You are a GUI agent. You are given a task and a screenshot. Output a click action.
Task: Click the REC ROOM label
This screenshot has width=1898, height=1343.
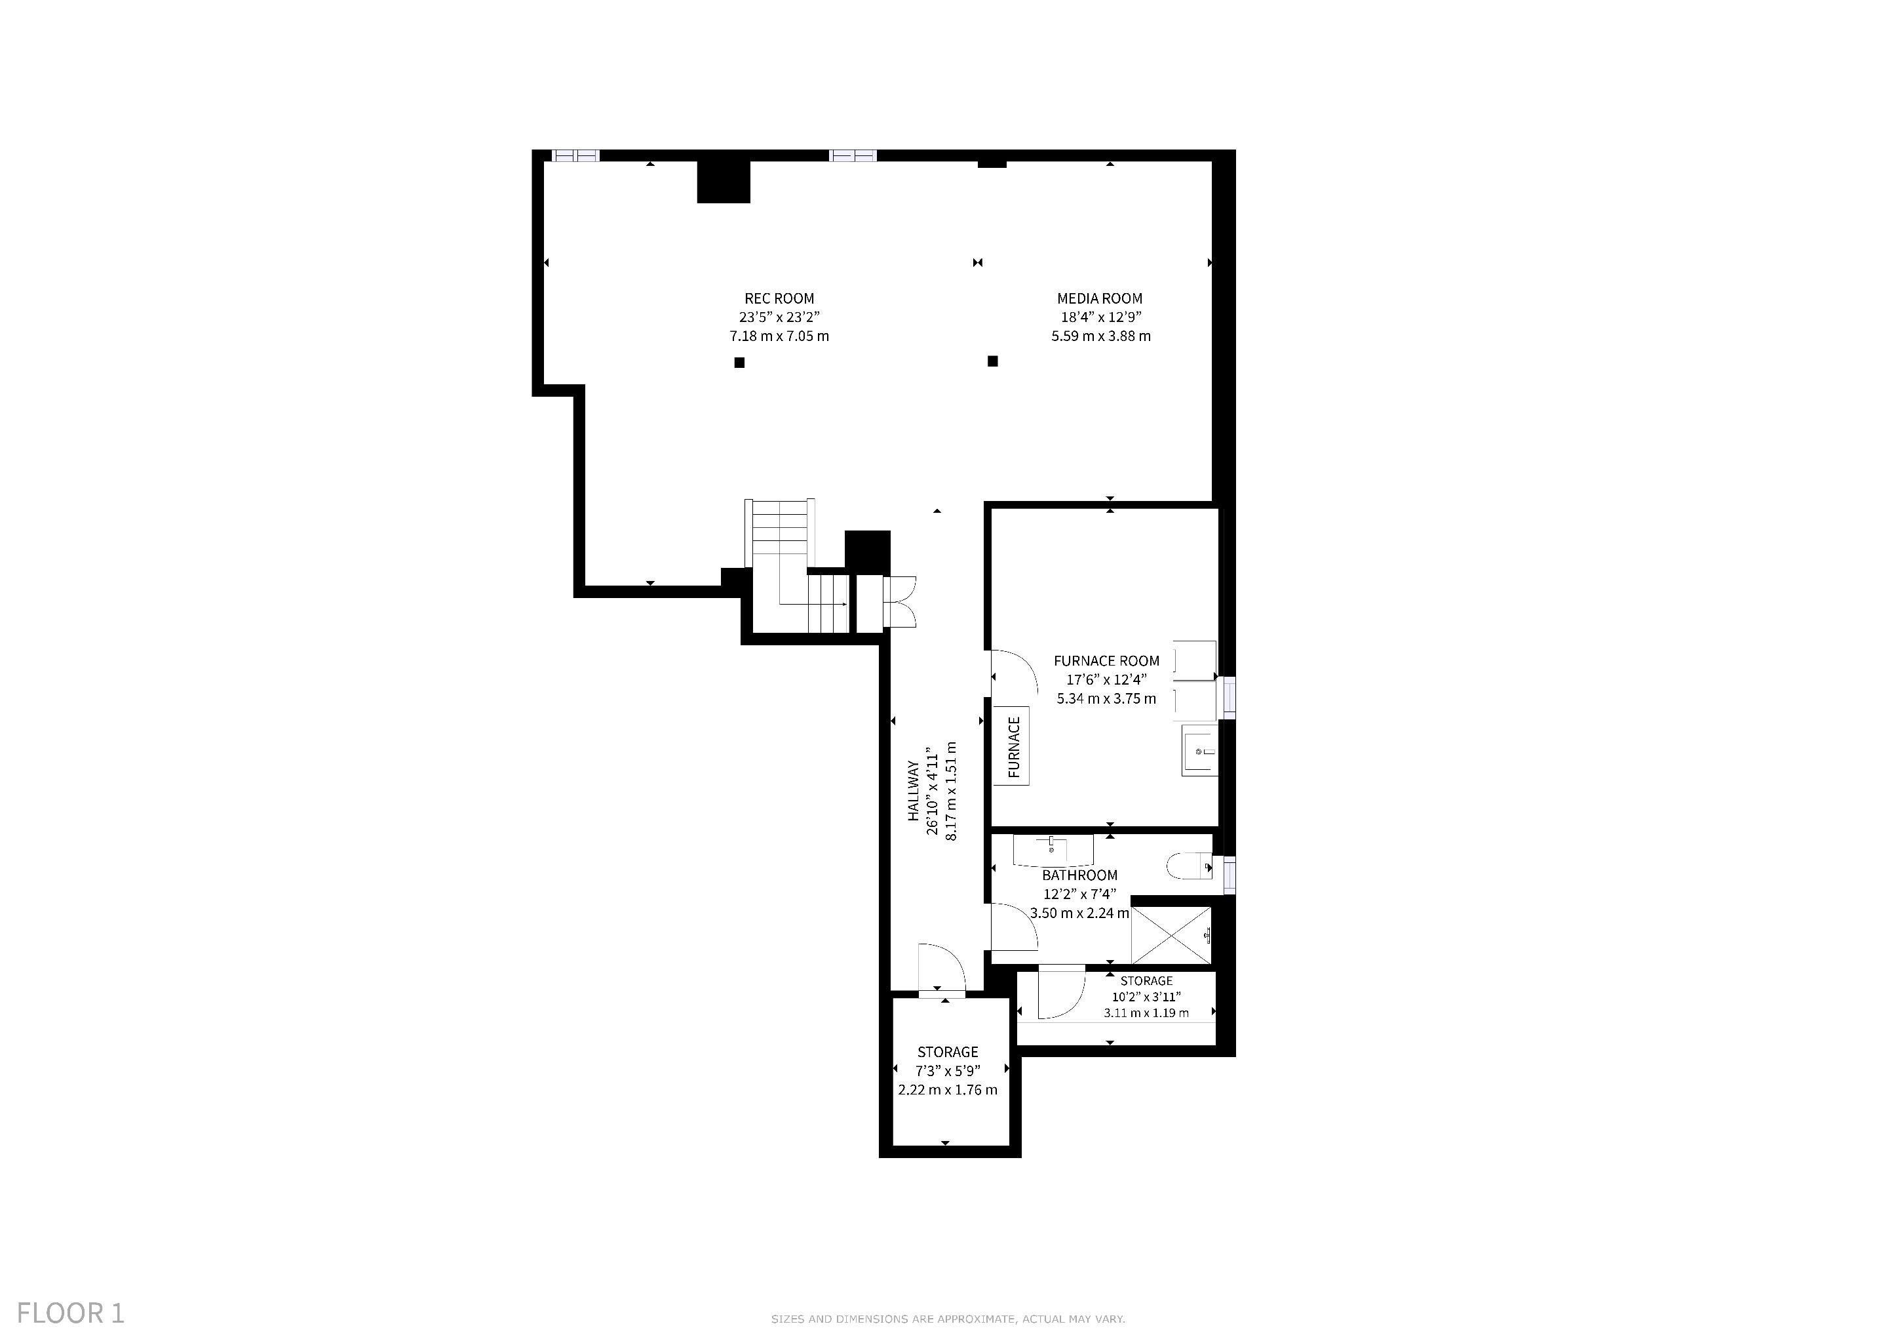pos(779,298)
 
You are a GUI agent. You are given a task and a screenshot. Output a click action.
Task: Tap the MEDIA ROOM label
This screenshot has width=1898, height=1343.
pos(1100,298)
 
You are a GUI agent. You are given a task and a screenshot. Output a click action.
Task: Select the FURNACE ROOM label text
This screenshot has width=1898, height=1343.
pos(1107,661)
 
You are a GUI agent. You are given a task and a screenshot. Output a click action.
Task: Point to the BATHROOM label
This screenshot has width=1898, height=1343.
pos(1079,875)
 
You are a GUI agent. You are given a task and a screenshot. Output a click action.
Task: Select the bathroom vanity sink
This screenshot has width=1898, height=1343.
pos(1053,849)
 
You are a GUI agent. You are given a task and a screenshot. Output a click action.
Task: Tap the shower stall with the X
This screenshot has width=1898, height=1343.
pos(1171,935)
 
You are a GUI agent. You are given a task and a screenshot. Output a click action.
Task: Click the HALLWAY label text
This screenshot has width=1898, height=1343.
pos(914,791)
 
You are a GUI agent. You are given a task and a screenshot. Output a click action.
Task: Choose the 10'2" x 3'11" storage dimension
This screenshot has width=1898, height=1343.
pos(1146,997)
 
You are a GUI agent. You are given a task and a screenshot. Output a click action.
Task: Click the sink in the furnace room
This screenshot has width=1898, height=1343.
pos(1199,750)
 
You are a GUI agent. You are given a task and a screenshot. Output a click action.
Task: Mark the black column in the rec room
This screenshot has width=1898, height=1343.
pos(740,362)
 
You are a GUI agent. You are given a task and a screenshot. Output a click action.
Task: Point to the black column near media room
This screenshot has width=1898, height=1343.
pos(993,361)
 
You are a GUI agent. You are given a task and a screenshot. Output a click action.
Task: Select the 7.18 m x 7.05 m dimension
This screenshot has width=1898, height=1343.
pos(779,336)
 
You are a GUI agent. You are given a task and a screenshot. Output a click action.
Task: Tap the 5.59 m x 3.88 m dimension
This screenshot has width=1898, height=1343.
pos(1101,336)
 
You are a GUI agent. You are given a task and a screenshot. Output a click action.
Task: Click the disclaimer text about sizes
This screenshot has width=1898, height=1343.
pos(948,1319)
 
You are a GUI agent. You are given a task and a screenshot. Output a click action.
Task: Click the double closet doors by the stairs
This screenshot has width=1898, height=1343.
pos(899,602)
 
